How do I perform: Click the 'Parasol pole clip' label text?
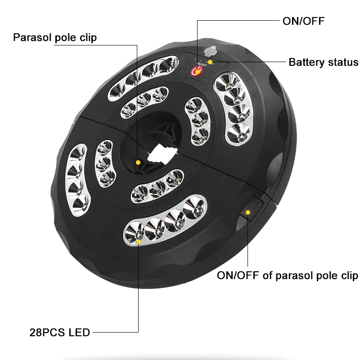55,37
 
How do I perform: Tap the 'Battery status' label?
324,62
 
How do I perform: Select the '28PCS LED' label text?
60,333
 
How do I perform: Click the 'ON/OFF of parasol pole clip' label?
288,275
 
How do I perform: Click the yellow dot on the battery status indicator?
210,62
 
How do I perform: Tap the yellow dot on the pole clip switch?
248,212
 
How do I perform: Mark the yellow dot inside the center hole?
138,162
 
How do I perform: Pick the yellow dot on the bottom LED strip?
139,242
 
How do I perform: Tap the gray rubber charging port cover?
210,50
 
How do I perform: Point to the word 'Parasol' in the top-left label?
32,37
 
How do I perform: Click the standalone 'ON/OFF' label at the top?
303,21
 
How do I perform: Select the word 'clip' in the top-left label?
88,38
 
